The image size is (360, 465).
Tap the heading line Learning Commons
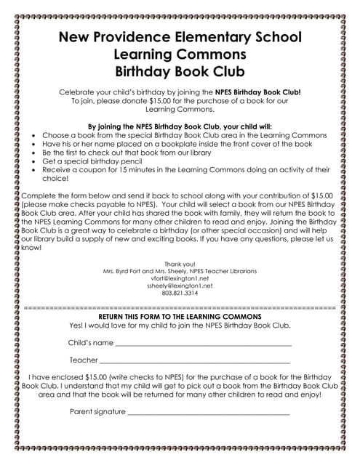coord(180,54)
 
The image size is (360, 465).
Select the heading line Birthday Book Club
coord(180,70)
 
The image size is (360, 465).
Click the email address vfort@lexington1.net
coord(180,278)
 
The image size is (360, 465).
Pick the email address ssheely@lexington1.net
coord(180,286)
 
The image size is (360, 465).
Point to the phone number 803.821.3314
coord(180,294)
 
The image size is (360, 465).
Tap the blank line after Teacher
coord(195,361)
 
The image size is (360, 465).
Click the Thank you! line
coord(180,263)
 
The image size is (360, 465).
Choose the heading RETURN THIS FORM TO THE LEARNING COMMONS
coord(180,318)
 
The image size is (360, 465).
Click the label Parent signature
coord(97,411)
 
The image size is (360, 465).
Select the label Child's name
coord(90,342)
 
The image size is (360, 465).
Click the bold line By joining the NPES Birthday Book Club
coord(180,126)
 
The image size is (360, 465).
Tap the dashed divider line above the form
coord(180,308)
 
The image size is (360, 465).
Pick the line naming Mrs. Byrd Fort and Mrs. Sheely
coord(180,271)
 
